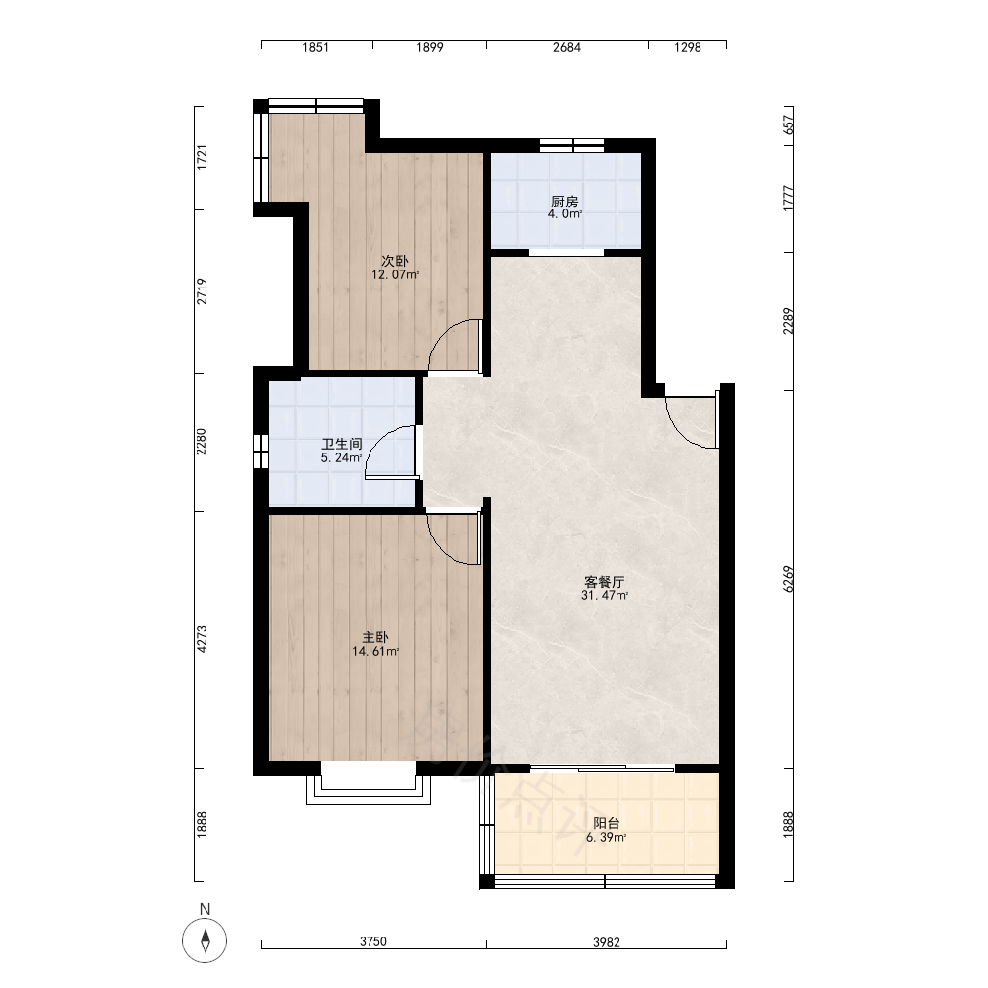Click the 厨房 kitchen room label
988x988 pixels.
pos(564,202)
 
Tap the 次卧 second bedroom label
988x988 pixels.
pos(395,261)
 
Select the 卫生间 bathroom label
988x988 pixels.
pos(342,445)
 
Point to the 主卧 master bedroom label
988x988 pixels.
pos(375,637)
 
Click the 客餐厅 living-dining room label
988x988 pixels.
pos(605,582)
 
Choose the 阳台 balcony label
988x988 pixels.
pos(607,823)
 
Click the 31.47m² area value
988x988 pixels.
pos(605,596)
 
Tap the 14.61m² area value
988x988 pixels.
pos(375,651)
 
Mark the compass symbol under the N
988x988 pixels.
pos(205,942)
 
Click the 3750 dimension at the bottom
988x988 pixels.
pos(373,942)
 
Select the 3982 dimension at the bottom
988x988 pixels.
pos(607,942)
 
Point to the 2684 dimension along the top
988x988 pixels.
pos(567,47)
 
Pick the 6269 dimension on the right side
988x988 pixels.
pos(788,579)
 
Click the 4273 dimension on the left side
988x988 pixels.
pos(202,639)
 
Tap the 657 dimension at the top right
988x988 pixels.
pos(788,124)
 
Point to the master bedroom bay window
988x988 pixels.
pos(369,788)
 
